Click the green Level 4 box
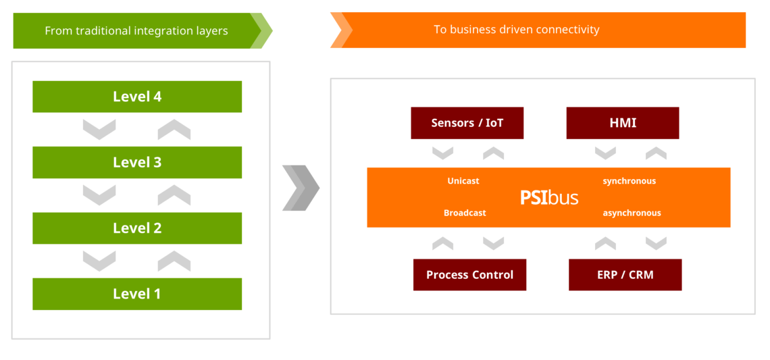pos(137,97)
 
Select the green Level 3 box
pos(137,163)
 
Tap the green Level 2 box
pos(137,228)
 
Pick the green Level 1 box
pos(137,294)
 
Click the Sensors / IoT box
pos(467,123)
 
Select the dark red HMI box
pos(622,123)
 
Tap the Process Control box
pos(469,275)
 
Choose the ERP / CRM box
pos(625,275)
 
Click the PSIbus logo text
pos(548,197)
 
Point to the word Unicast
pos(463,181)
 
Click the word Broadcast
pos(465,213)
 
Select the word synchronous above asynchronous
pos(629,181)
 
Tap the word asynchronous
pos(632,213)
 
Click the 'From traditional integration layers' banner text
pos(136,31)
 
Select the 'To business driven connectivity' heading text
pos(516,30)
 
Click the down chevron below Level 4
pos(99,129)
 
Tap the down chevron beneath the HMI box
pos(605,153)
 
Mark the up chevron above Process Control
pos(442,243)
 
